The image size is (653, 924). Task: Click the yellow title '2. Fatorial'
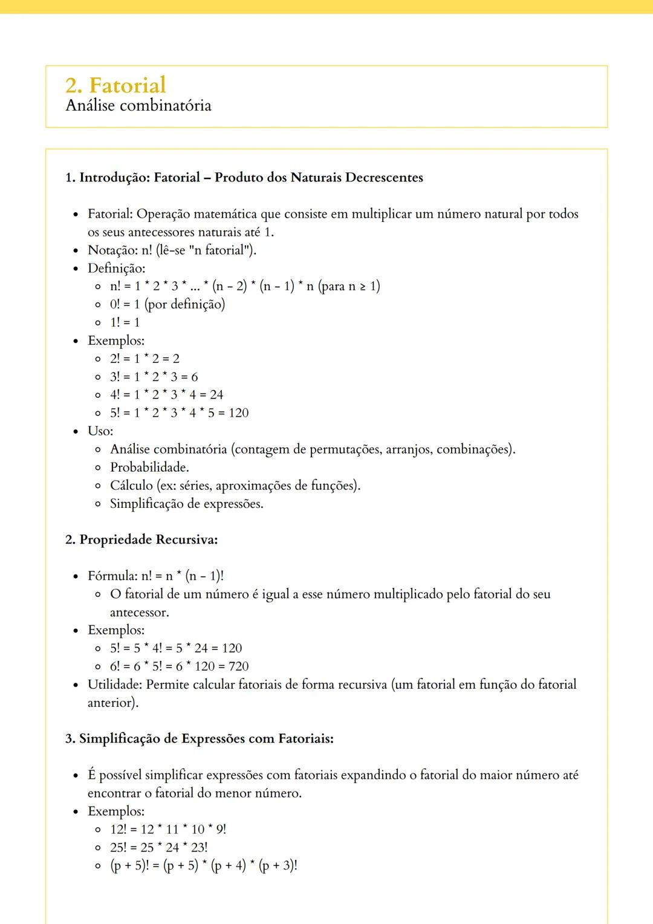pos(115,85)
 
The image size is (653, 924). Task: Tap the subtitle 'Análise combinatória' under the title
pos(138,106)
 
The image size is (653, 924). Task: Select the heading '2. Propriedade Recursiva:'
pos(141,539)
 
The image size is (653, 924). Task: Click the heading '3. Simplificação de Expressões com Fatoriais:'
pos(200,738)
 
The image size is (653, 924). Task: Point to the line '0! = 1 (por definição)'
pos(167,304)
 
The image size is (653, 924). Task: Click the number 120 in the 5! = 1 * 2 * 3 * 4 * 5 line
pos(238,413)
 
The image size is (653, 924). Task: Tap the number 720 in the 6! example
pos(238,666)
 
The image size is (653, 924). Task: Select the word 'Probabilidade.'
pos(149,467)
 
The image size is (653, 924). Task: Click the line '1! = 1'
pos(125,322)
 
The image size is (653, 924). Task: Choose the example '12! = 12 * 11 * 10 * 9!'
pos(168,829)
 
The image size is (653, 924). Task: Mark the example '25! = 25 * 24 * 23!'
pos(158,847)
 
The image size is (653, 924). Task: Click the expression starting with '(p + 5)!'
pos(203,865)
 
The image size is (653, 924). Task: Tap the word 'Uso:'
pos(100,431)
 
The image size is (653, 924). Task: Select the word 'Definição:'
pos(117,268)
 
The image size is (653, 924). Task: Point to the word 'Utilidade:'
pos(115,685)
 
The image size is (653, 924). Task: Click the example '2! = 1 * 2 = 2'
pos(145,359)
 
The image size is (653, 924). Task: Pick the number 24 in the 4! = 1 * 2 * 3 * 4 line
pos(216,395)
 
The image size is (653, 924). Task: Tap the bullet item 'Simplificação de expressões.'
pos(187,504)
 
